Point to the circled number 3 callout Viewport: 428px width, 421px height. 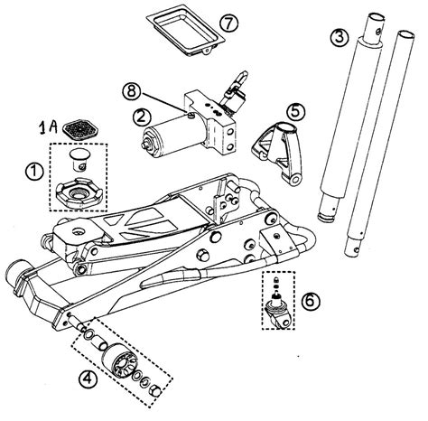pyautogui.click(x=339, y=38)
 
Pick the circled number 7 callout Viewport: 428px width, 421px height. pyautogui.click(x=229, y=22)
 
